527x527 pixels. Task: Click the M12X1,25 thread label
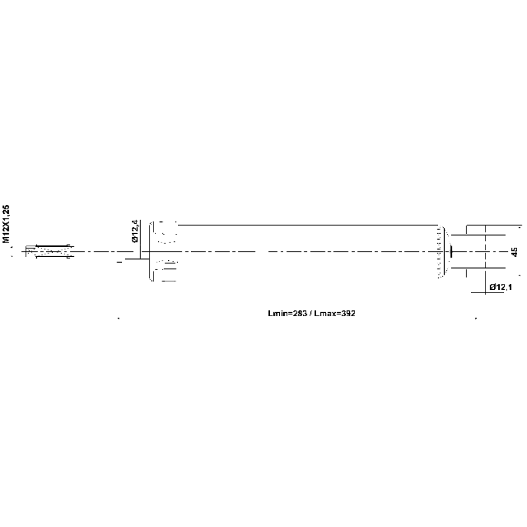pos(6,224)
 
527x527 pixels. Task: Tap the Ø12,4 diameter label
pos(135,231)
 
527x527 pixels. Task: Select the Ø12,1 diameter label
pos(501,287)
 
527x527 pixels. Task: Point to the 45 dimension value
pos(514,252)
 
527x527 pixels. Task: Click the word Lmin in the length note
pos(277,314)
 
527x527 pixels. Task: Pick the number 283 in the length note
pos(300,314)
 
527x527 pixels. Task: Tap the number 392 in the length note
pos(348,314)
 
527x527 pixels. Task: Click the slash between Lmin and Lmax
pos(310,314)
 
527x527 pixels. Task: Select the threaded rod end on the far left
pos(50,252)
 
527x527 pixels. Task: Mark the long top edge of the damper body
pos(308,225)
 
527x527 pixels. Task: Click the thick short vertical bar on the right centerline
pos(451,251)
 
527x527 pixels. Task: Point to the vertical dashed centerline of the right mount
pos(485,260)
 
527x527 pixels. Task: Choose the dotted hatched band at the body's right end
pos(439,252)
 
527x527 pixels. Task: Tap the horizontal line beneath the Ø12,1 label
pos(487,292)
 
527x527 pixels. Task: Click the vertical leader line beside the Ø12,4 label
pos(140,239)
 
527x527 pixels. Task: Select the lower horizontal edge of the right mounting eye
pos(478,268)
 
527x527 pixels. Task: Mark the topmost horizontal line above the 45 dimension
pos(494,225)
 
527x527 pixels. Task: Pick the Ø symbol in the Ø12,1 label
pos(493,287)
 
